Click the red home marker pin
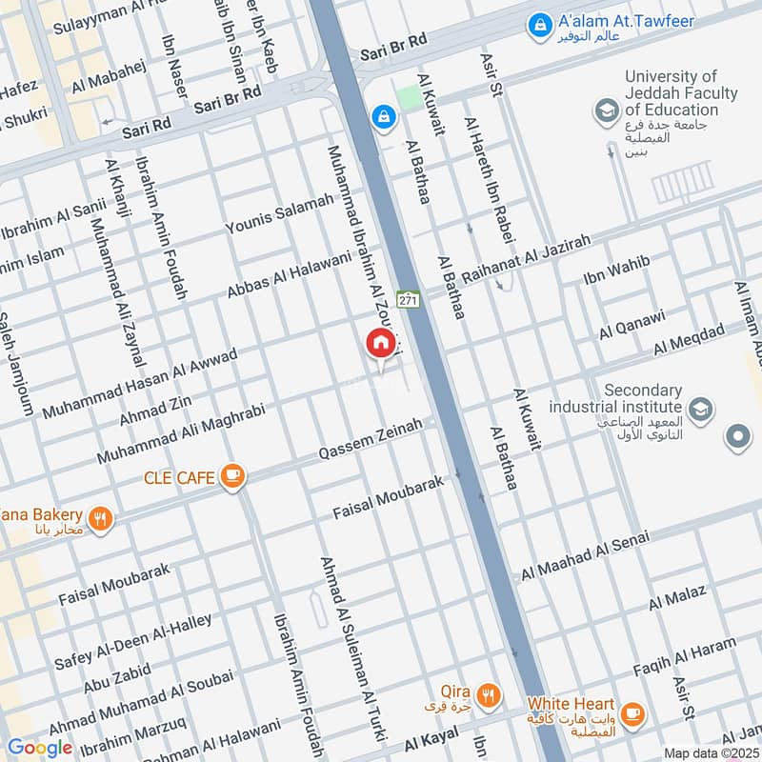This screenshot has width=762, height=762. (x=379, y=344)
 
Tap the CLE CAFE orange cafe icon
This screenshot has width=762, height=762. (x=231, y=476)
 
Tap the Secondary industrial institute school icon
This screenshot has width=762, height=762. (x=701, y=410)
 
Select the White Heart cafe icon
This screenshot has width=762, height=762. (x=631, y=712)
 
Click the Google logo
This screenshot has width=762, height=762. (x=39, y=748)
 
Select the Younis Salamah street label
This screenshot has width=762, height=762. (x=279, y=213)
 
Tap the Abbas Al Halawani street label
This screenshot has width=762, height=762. (x=290, y=273)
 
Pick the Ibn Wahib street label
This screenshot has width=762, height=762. (x=616, y=270)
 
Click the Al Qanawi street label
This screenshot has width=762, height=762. (x=632, y=325)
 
